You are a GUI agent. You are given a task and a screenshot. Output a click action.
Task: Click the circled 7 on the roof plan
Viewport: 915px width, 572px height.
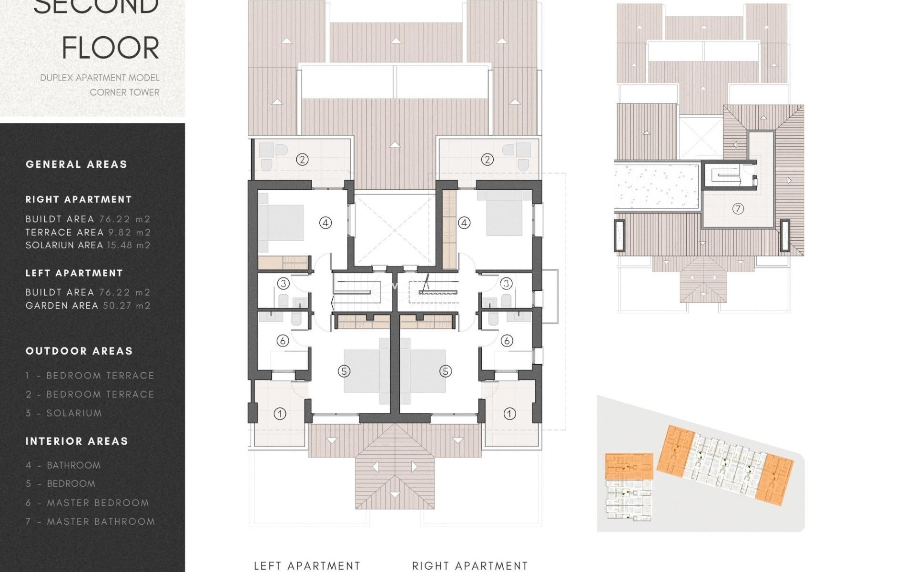click(738, 209)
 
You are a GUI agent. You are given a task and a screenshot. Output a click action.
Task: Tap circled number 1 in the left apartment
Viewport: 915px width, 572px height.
click(280, 414)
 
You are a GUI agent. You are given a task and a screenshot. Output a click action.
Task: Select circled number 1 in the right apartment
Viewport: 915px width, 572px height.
click(509, 414)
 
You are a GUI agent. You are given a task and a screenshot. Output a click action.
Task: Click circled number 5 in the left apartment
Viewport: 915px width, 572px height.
click(344, 371)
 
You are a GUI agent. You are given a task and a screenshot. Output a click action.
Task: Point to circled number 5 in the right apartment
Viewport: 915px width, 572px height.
click(446, 371)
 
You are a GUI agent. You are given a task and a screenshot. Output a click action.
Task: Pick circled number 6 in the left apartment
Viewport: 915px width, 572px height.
click(283, 341)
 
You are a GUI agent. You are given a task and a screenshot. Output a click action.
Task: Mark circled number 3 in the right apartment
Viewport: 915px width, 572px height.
click(506, 284)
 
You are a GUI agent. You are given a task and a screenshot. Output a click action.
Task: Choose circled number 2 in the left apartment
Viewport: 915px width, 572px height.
click(302, 160)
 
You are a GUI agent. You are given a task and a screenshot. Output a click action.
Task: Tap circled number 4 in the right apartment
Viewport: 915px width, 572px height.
click(464, 223)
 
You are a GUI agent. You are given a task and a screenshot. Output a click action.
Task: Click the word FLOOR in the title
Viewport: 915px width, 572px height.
click(111, 48)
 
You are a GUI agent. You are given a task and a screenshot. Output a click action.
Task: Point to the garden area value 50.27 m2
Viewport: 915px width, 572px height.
click(127, 306)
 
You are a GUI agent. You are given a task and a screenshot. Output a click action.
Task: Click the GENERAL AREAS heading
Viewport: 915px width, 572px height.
click(77, 164)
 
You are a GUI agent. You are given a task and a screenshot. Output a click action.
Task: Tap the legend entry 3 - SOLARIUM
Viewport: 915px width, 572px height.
click(64, 413)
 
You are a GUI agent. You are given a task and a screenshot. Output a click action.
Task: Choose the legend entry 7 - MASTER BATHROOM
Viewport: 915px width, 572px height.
click(91, 522)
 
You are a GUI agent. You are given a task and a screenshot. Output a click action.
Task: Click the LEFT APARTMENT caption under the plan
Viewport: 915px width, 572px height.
click(307, 566)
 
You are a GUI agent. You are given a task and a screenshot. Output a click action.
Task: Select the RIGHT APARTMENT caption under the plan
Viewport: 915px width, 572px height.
click(470, 566)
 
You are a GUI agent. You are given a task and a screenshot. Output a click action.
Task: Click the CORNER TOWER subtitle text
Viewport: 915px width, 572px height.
click(124, 92)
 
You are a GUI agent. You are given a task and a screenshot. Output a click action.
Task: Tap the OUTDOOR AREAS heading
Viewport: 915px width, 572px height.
click(79, 351)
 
